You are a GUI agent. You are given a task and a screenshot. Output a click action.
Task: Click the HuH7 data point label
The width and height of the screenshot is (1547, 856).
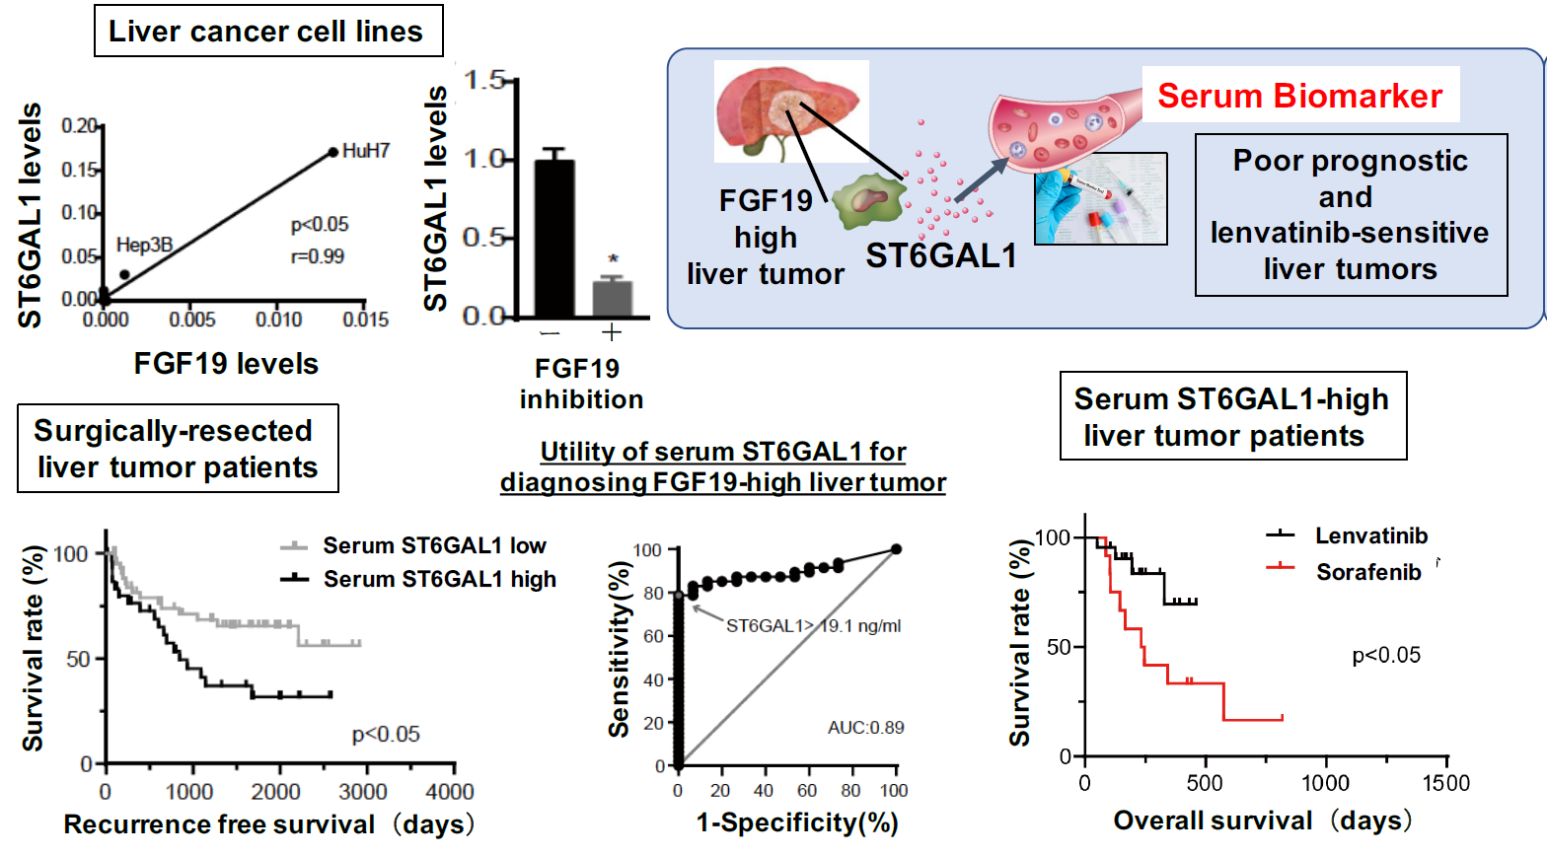tap(365, 151)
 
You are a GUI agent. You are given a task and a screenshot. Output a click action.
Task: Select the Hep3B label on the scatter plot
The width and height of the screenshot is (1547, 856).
tap(144, 245)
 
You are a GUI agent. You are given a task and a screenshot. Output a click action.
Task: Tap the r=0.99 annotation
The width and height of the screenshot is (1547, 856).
tap(317, 256)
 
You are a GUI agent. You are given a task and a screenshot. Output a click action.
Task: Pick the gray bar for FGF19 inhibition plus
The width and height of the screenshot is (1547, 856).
tap(612, 298)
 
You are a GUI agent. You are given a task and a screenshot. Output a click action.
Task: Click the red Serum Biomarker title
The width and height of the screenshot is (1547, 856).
tap(1299, 96)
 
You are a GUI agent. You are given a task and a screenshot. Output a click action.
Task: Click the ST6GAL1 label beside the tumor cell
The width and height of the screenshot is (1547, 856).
tap(940, 256)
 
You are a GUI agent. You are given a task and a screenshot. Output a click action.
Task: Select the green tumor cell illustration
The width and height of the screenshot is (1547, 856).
tap(869, 201)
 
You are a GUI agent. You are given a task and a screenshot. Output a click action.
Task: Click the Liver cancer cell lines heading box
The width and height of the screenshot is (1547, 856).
tap(266, 32)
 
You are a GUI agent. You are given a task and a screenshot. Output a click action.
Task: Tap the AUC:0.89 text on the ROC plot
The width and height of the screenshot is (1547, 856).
tap(865, 728)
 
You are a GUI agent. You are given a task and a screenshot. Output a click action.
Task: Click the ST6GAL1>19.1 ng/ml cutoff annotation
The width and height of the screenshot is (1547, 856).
tap(813, 625)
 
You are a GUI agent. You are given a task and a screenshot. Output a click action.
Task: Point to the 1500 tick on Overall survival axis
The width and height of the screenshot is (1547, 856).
tap(1445, 782)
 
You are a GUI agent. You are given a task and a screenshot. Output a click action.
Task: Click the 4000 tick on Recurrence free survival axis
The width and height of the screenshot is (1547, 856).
tap(450, 791)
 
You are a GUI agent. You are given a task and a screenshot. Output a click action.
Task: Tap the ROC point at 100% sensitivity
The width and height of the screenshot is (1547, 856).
tap(896, 549)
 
